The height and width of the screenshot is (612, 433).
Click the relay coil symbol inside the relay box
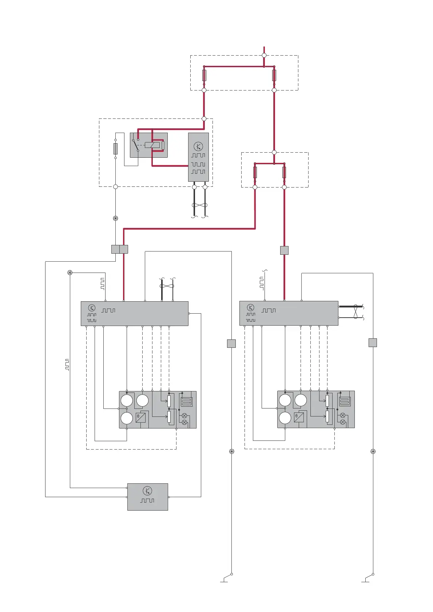(152, 145)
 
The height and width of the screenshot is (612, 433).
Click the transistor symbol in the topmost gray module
(198, 146)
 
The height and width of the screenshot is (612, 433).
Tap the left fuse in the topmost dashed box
(204, 75)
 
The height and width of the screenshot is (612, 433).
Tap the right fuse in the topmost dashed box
(274, 75)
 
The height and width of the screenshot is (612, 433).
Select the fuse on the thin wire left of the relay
(115, 149)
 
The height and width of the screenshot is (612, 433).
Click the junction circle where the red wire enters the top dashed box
(264, 55)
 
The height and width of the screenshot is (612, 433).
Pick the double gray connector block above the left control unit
(119, 249)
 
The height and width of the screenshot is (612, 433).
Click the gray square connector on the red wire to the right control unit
(284, 250)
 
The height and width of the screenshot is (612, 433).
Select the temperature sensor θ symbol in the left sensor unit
(140, 418)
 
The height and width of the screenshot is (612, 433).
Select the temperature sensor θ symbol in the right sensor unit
(299, 417)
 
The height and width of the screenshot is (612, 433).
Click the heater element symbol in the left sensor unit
(186, 402)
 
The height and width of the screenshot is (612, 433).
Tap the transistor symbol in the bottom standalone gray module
(147, 491)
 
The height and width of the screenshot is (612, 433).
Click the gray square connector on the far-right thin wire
(373, 342)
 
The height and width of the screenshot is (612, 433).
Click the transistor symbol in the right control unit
(250, 307)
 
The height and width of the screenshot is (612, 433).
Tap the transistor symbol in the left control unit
(92, 308)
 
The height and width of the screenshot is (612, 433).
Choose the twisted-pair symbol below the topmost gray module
(199, 205)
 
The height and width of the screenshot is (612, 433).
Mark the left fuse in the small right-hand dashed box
(255, 172)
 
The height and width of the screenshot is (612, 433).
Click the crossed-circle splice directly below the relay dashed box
(115, 218)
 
